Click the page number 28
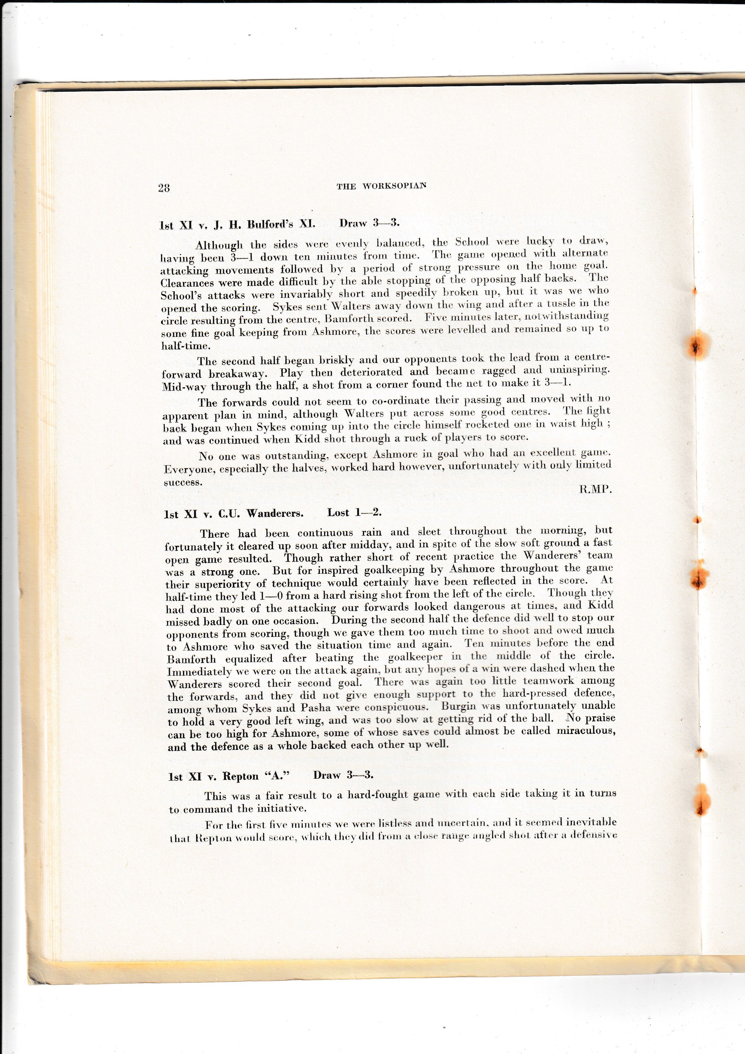pos(164,188)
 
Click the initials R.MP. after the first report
pos(595,489)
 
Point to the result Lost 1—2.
pos(354,513)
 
